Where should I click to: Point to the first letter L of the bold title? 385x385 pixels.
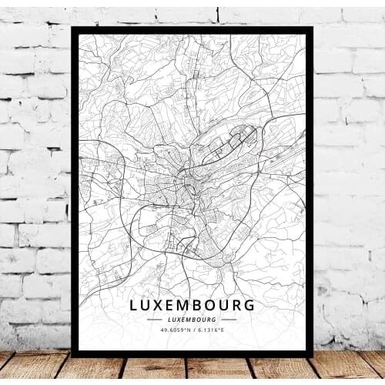(x=134, y=306)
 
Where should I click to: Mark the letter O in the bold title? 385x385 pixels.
(x=218, y=306)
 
